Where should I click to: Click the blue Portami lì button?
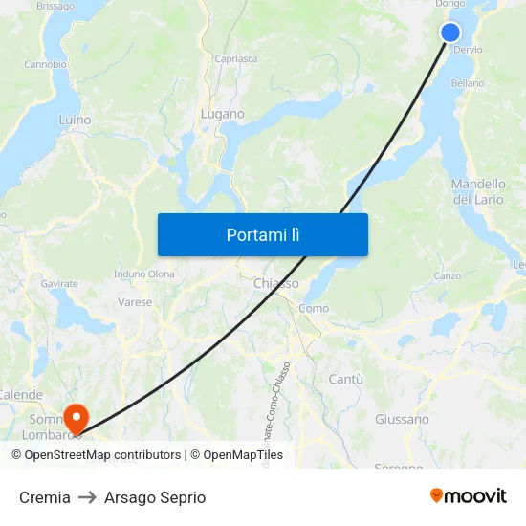pyautogui.click(x=262, y=234)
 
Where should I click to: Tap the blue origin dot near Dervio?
pyautogui.click(x=450, y=33)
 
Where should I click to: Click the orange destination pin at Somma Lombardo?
pyautogui.click(x=75, y=418)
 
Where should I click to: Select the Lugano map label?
pyautogui.click(x=222, y=114)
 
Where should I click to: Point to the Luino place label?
pyautogui.click(x=75, y=121)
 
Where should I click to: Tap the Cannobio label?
pyautogui.click(x=45, y=65)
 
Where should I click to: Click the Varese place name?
pyautogui.click(x=135, y=302)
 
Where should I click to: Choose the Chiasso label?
pyautogui.click(x=276, y=283)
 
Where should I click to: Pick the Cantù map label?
pyautogui.click(x=345, y=379)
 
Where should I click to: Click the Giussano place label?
pyautogui.click(x=402, y=419)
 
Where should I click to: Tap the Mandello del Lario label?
pyautogui.click(x=477, y=191)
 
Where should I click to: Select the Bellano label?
pyautogui.click(x=468, y=83)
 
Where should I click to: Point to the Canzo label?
pyautogui.click(x=448, y=275)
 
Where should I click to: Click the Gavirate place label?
pyautogui.click(x=59, y=284)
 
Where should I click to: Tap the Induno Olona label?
pyautogui.click(x=144, y=274)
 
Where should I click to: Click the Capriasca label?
pyautogui.click(x=236, y=58)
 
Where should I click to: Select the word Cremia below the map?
pyautogui.click(x=45, y=497)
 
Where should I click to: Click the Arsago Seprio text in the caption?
pyautogui.click(x=155, y=497)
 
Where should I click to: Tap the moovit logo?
pyautogui.click(x=469, y=495)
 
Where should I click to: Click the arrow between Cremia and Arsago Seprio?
pyautogui.click(x=87, y=497)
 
